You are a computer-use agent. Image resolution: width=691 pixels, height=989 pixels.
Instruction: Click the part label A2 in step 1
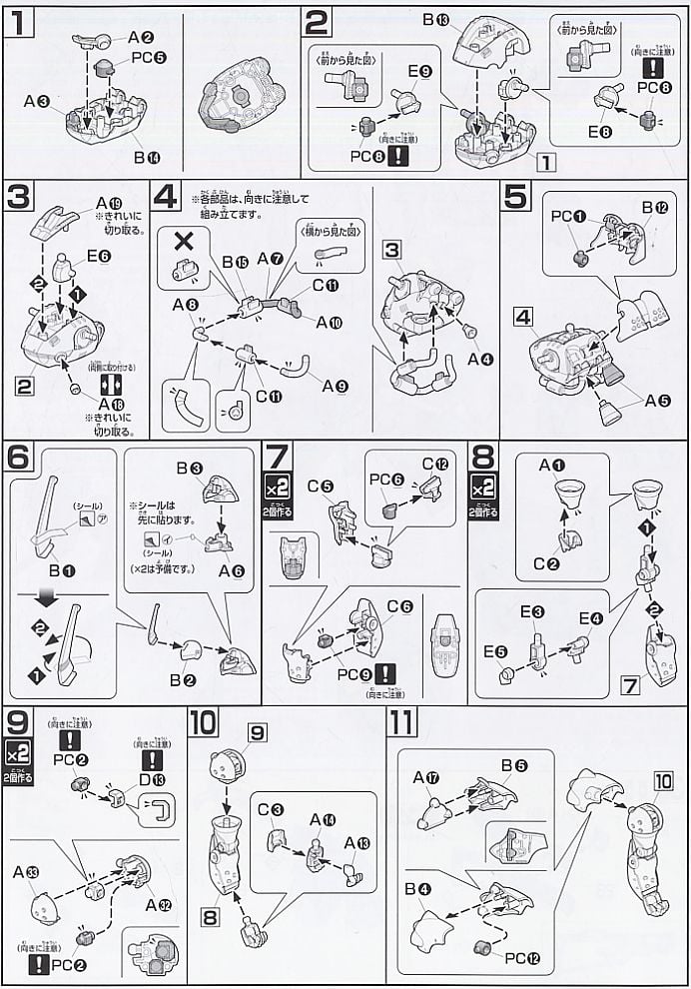pyautogui.click(x=138, y=37)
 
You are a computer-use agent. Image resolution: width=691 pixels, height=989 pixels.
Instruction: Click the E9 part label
pyautogui.click(x=419, y=72)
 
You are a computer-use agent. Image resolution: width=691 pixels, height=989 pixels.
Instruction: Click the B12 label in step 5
pyautogui.click(x=654, y=208)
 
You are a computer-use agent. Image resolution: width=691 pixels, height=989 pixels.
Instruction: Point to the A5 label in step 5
pyautogui.click(x=658, y=402)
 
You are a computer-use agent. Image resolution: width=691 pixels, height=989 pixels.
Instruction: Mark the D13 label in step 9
pyautogui.click(x=145, y=768)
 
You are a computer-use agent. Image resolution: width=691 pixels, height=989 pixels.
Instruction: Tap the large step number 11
pyautogui.click(x=401, y=722)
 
